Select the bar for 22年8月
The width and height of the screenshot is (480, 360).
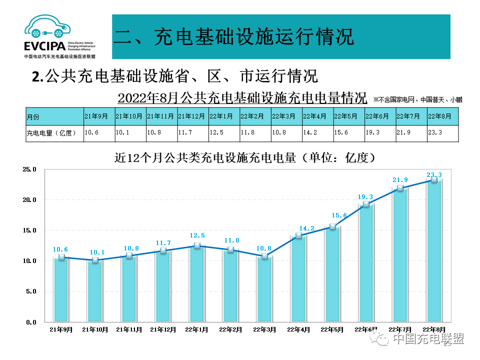(x=434, y=250)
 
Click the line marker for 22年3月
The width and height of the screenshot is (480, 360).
(x=264, y=256)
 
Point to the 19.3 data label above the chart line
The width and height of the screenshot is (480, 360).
(x=366, y=197)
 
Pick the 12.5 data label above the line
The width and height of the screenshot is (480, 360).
(x=197, y=235)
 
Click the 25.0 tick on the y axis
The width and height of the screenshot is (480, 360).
(x=29, y=169)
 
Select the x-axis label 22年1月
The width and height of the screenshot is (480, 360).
(x=197, y=329)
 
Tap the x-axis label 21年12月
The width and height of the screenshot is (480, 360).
(x=163, y=329)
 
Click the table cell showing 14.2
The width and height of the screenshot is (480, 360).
(x=318, y=133)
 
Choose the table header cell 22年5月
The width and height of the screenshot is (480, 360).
(x=348, y=116)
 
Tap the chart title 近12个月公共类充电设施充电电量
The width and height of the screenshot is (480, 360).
(x=245, y=158)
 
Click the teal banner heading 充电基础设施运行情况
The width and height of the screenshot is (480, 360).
(x=234, y=37)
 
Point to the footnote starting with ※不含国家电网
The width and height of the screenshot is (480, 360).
(x=417, y=99)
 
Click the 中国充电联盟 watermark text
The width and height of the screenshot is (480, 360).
(x=427, y=339)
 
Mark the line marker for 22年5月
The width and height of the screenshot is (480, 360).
(x=332, y=226)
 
